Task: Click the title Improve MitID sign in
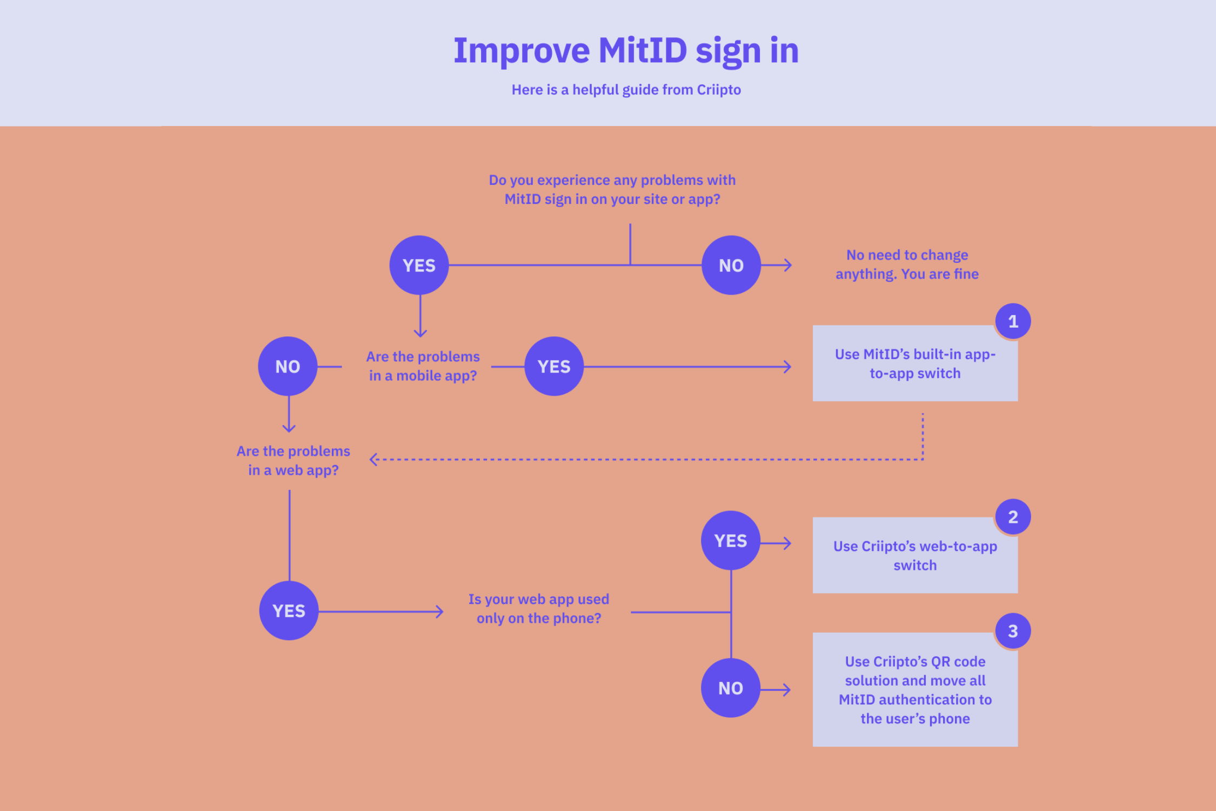click(x=626, y=51)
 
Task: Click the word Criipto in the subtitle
click(x=718, y=90)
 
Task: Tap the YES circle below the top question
click(x=419, y=265)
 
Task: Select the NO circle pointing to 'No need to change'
click(x=731, y=265)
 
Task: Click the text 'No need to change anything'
click(x=907, y=264)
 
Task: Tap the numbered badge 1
click(x=1013, y=322)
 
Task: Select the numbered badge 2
click(x=1013, y=517)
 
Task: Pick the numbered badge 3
click(x=1013, y=631)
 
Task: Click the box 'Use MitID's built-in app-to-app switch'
click(x=914, y=363)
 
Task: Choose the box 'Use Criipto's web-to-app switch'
click(x=914, y=555)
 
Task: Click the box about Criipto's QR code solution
click(x=914, y=690)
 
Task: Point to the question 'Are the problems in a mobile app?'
click(x=423, y=366)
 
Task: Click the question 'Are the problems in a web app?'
click(x=293, y=461)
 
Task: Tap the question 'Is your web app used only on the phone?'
click(x=538, y=609)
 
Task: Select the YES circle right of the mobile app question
click(x=554, y=367)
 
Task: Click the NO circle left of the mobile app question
click(x=288, y=367)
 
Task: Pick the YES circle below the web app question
click(x=289, y=611)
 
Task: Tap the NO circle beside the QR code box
click(x=730, y=688)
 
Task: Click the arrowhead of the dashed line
click(x=373, y=460)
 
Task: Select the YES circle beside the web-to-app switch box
click(x=730, y=541)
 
